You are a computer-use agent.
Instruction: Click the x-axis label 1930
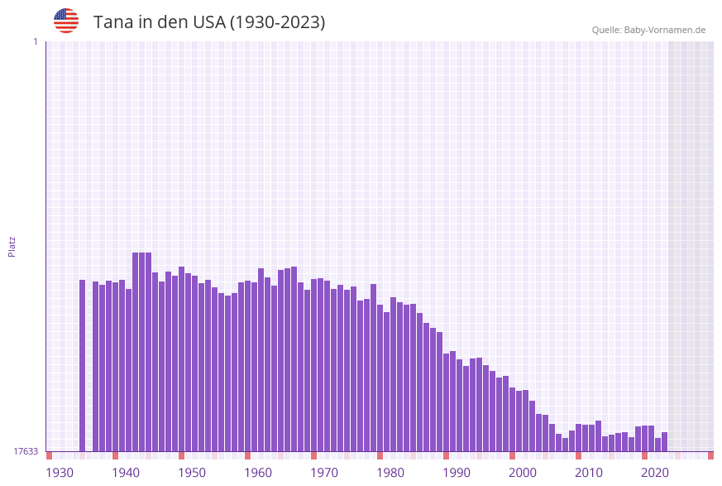[x=60, y=473]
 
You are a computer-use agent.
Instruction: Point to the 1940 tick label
[x=126, y=473]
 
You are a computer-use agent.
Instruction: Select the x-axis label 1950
[x=192, y=473]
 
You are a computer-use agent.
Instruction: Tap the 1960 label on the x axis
[x=258, y=473]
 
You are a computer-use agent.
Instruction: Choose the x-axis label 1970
[x=324, y=473]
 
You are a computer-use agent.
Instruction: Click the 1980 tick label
[x=390, y=473]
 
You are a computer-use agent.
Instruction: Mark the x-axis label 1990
[x=457, y=473]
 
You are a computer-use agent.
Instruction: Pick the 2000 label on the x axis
[x=523, y=473]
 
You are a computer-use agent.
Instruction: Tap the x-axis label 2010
[x=589, y=473]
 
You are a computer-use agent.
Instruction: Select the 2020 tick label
[x=655, y=473]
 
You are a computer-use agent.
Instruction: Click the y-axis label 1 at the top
[x=35, y=41]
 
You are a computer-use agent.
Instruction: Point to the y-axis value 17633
[x=26, y=451]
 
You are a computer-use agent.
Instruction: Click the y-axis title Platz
[x=12, y=246]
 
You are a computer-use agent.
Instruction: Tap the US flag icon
[x=66, y=21]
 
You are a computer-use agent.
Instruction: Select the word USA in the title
[x=207, y=22]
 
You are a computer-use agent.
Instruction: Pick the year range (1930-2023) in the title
[x=277, y=22]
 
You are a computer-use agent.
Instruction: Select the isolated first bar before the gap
[x=83, y=365]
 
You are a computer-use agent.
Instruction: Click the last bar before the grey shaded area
[x=664, y=441]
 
